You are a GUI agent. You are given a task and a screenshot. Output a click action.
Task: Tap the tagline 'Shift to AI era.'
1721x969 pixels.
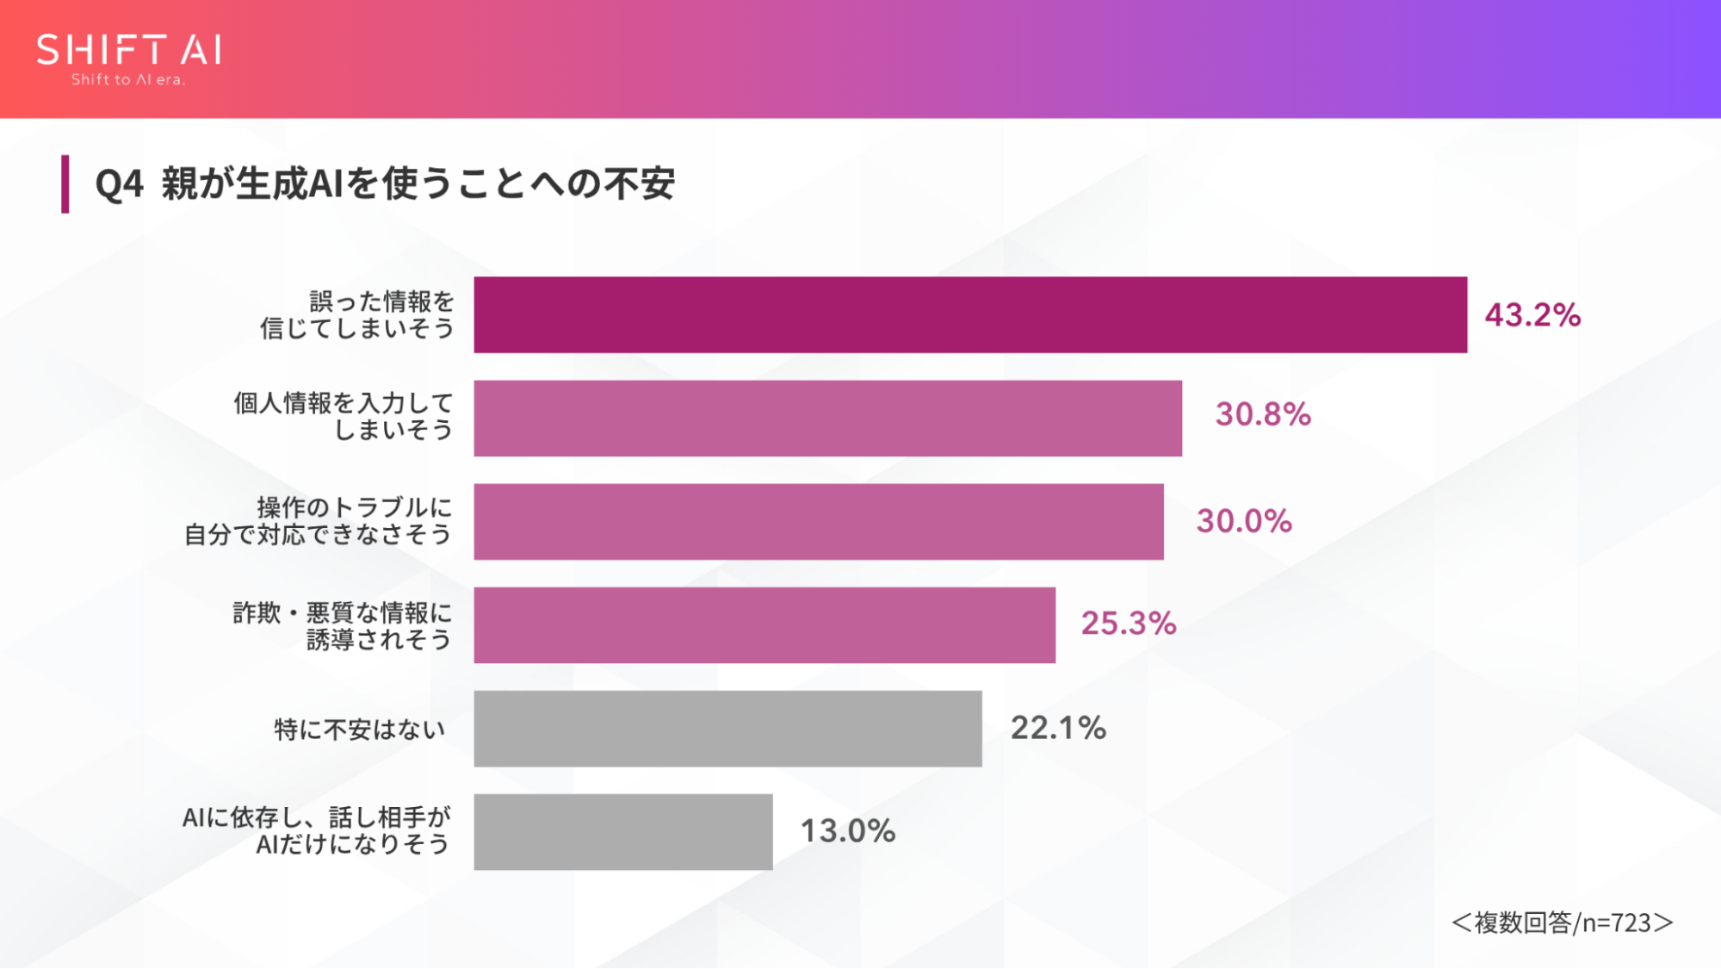point(128,80)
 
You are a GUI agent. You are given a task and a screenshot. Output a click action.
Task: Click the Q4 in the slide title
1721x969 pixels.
point(119,184)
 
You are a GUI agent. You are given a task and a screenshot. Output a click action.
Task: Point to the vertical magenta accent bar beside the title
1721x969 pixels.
point(65,183)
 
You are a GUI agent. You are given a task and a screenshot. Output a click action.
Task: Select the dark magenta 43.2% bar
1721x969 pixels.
point(970,314)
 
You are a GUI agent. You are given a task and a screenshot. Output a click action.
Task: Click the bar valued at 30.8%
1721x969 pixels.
point(827,418)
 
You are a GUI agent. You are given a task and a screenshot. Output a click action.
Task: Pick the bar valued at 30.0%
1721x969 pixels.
point(819,521)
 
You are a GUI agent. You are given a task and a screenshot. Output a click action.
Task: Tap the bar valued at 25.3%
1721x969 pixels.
point(765,624)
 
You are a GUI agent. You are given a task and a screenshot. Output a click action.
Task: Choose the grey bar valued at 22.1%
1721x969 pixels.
point(727,728)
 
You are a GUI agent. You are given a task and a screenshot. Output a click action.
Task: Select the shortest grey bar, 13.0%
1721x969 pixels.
point(623,831)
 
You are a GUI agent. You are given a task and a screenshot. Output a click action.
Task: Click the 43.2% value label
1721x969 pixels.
point(1532,314)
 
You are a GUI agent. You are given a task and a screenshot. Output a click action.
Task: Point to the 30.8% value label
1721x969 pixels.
point(1263,414)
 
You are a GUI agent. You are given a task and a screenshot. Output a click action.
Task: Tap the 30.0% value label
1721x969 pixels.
point(1244,520)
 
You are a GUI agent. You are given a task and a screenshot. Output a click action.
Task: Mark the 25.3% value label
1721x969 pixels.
point(1129,623)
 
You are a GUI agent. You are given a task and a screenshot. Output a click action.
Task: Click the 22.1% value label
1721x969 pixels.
point(1058,728)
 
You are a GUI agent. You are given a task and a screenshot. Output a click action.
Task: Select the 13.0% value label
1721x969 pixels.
point(848,831)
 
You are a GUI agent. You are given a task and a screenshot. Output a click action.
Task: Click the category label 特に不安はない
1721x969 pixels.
point(360,730)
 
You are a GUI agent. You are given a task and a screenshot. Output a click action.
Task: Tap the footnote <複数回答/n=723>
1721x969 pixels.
point(1563,922)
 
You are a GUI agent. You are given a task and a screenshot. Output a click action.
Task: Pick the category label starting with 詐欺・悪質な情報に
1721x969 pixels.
point(342,626)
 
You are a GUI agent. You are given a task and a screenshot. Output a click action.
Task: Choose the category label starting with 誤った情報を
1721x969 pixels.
point(357,314)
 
